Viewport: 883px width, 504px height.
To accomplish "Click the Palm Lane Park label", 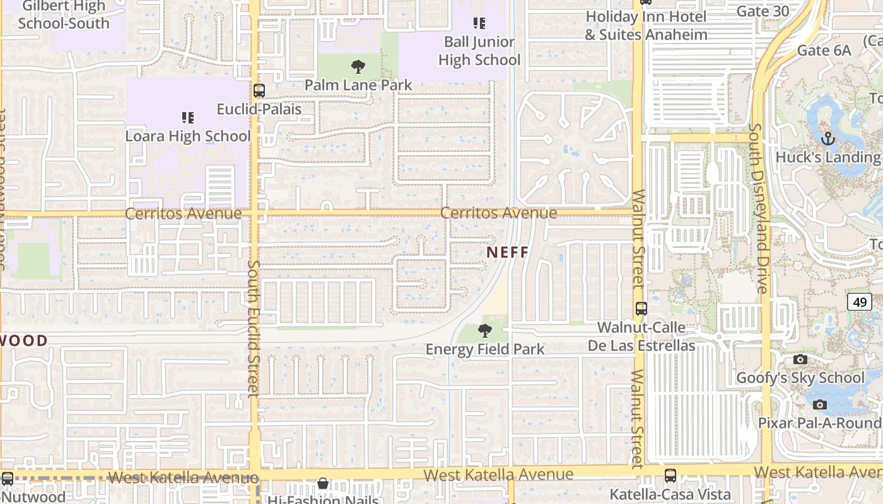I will point(358,84).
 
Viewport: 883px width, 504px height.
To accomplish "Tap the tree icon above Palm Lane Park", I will point(358,66).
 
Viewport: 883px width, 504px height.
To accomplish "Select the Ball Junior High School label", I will point(479,51).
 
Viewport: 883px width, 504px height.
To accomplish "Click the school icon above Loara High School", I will point(187,118).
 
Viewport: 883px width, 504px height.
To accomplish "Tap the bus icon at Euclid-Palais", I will point(259,90).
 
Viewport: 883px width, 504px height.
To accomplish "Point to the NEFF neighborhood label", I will point(508,252).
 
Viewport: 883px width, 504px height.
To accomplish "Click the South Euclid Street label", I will point(254,329).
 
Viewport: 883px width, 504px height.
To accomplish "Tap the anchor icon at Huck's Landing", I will point(828,138).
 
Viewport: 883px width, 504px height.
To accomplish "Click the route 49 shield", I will point(860,302).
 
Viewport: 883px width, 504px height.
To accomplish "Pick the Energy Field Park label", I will point(484,349).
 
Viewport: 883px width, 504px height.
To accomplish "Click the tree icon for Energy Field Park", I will point(484,330).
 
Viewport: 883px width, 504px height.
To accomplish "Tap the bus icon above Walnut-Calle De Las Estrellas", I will point(641,309).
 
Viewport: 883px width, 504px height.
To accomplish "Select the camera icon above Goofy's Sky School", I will point(800,359).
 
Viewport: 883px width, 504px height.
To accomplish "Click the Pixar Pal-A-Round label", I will point(819,423).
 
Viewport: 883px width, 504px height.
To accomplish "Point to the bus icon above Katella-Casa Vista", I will point(670,476).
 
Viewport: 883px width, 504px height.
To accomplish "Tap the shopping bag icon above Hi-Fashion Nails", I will point(323,484).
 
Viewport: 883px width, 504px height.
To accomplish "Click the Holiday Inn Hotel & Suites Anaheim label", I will point(646,25).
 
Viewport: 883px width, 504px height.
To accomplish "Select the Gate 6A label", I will point(824,50).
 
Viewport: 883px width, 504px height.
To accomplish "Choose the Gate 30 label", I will point(763,11).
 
